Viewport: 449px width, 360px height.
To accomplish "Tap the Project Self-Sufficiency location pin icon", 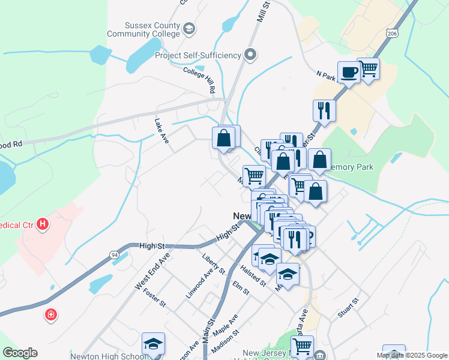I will click(x=251, y=55).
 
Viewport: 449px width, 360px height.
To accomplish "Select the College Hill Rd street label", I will click(x=200, y=80).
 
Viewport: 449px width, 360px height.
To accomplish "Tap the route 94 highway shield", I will click(x=114, y=256).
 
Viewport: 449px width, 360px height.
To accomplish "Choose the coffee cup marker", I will click(x=349, y=74).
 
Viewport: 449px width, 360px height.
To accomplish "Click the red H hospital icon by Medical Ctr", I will click(x=43, y=225).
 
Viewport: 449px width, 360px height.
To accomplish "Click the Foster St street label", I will click(x=154, y=297).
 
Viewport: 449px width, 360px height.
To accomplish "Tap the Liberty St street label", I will click(x=213, y=264).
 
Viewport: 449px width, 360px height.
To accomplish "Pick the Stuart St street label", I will click(x=348, y=307).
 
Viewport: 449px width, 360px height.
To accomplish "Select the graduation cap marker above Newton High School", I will click(x=153, y=344).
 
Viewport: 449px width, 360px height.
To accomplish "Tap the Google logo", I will click(x=20, y=353).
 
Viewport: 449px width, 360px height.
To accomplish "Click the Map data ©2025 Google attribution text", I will click(x=411, y=355).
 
